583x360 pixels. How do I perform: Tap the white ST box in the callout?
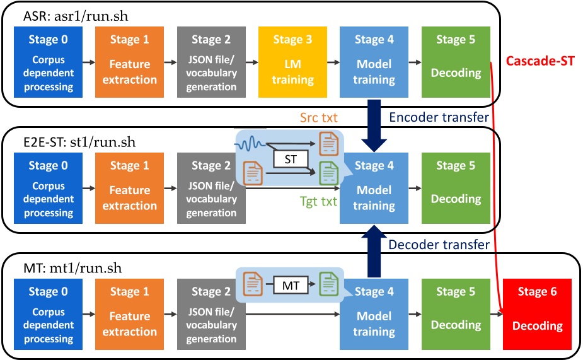coord(290,160)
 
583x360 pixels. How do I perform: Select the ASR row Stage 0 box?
coord(49,62)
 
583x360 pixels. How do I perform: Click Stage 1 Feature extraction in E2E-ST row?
coord(130,188)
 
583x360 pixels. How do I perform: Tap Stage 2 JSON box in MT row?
coord(211,314)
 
